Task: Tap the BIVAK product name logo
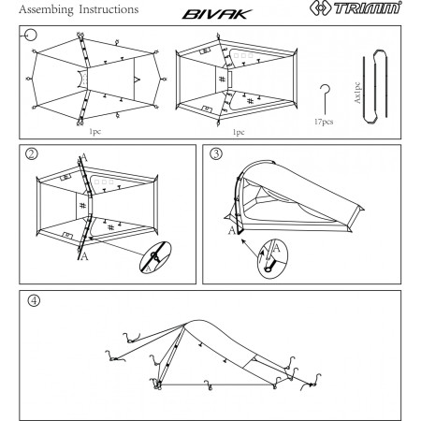point(216,10)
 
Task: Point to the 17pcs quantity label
point(324,121)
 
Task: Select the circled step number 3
point(215,155)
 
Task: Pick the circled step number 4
point(35,301)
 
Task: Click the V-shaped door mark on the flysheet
point(138,81)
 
